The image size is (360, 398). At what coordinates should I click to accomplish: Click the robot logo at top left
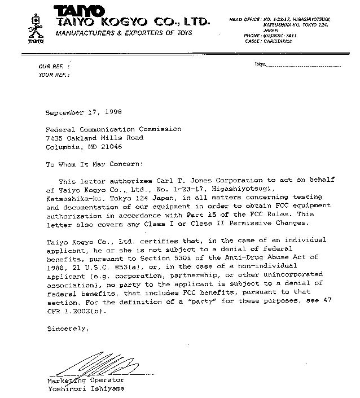tap(36, 27)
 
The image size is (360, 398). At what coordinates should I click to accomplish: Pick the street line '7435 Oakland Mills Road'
tap(94, 138)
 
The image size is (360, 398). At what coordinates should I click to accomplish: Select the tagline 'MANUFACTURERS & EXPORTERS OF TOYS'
tap(124, 33)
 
